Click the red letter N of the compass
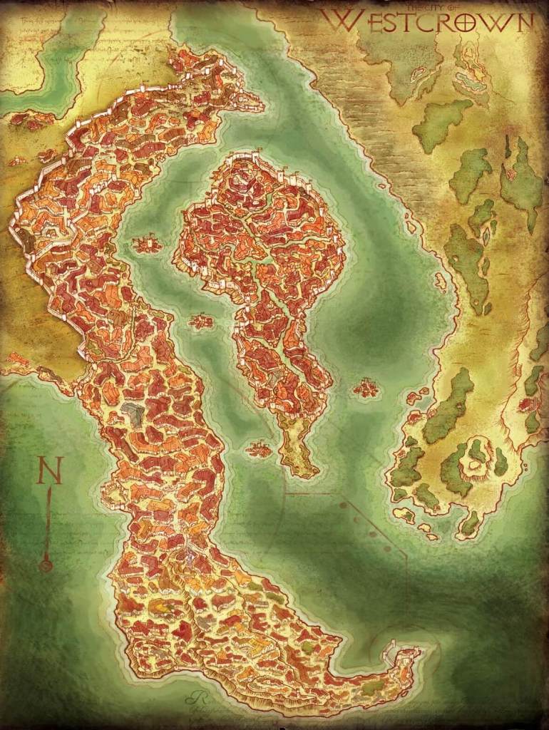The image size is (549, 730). pyautogui.click(x=50, y=471)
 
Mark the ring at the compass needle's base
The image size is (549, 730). pyautogui.click(x=47, y=566)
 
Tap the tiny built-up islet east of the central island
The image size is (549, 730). pyautogui.click(x=366, y=389)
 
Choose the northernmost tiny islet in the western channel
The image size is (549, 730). pyautogui.click(x=147, y=245)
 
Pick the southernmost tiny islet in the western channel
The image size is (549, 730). pyautogui.click(x=258, y=449)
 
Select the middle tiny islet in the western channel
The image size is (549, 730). pyautogui.click(x=202, y=322)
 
